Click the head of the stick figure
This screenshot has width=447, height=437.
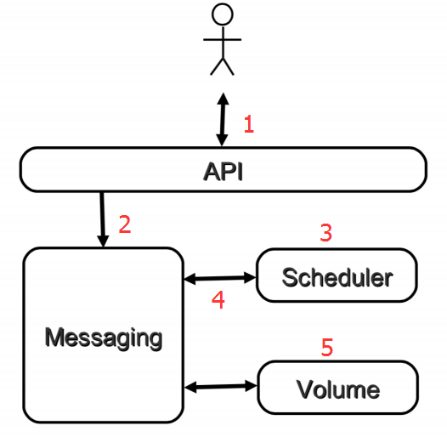pyautogui.click(x=222, y=14)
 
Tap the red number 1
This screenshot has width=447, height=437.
pyautogui.click(x=249, y=125)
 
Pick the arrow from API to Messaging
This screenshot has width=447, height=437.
pyautogui.click(x=103, y=219)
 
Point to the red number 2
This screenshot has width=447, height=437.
pyautogui.click(x=125, y=224)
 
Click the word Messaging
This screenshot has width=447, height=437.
pyautogui.click(x=103, y=338)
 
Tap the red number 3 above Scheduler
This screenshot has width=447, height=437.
pyautogui.click(x=325, y=232)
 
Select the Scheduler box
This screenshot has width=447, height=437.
pyautogui.click(x=337, y=276)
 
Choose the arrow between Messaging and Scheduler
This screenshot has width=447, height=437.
pyautogui.click(x=220, y=277)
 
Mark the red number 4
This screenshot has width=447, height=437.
pyautogui.click(x=218, y=301)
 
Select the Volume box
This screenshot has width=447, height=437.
pyautogui.click(x=337, y=389)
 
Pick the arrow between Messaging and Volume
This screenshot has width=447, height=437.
pyautogui.click(x=220, y=387)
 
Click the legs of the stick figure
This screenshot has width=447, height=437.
pyautogui.click(x=222, y=66)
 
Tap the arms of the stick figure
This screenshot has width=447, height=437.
pyautogui.click(x=222, y=39)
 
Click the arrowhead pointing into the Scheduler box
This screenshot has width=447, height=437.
pyautogui.click(x=250, y=277)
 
